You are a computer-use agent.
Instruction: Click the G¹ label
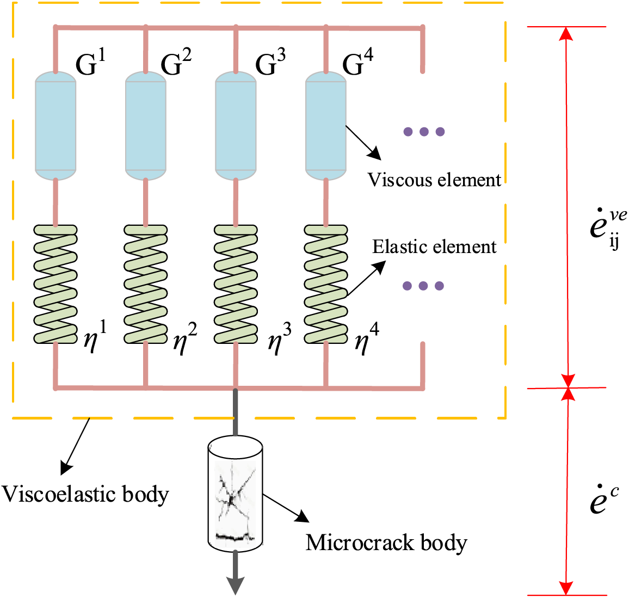(x=90, y=63)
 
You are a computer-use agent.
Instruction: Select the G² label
(x=176, y=63)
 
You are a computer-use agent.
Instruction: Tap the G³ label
(x=270, y=63)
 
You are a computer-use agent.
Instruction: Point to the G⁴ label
(x=357, y=63)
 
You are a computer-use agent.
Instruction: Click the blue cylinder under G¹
(x=55, y=126)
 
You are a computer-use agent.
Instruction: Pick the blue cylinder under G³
(x=236, y=126)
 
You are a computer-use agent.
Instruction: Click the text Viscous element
(x=434, y=180)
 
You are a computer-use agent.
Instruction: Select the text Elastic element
(x=434, y=247)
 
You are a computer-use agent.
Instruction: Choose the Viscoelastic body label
(x=85, y=494)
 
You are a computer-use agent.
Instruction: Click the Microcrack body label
(x=386, y=542)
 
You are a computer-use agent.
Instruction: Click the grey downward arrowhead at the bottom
(x=236, y=585)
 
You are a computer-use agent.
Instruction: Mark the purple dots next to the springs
(x=423, y=286)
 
